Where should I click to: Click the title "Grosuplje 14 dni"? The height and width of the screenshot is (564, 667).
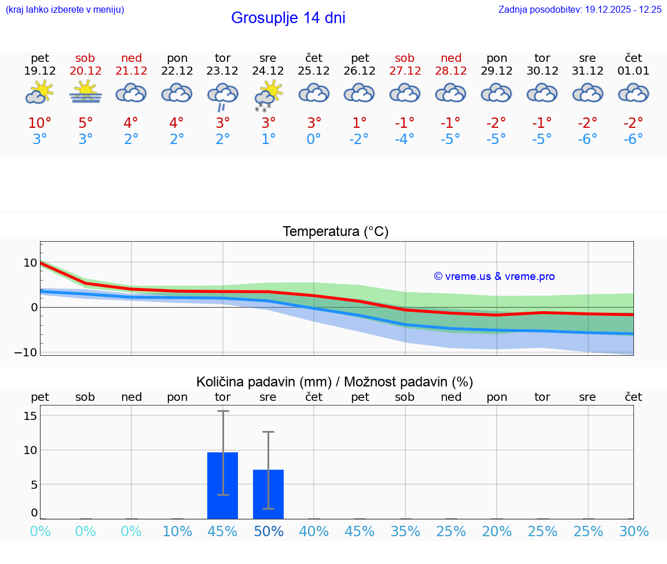point(288,18)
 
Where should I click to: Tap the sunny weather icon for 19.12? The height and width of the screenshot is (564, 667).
point(39,92)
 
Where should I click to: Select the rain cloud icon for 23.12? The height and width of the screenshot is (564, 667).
point(222,95)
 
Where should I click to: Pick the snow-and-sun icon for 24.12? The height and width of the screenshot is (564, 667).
point(268,95)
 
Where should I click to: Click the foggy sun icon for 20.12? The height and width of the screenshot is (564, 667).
point(86,92)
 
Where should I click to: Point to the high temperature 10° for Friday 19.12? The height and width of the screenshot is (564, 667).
point(39,123)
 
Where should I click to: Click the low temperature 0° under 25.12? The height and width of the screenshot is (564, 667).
point(313,139)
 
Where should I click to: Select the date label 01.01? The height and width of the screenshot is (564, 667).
point(633,71)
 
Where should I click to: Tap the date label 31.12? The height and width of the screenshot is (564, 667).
point(588,71)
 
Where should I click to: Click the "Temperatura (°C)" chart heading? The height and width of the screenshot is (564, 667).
point(335,231)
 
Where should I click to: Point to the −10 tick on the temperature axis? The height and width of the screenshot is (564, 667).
point(26,352)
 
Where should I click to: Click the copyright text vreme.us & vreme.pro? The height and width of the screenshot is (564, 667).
point(494,277)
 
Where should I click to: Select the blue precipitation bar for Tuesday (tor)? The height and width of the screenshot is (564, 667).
point(222,485)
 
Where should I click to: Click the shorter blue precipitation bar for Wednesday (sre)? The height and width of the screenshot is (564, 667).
point(268,494)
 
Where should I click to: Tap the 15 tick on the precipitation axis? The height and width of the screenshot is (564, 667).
point(31,416)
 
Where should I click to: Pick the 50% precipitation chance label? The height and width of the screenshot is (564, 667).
point(268,531)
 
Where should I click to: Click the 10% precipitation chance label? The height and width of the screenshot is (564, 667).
point(177,531)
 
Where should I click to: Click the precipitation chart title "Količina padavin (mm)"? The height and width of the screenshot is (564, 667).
point(263,382)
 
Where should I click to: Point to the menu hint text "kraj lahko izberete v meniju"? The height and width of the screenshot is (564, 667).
point(65,9)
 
